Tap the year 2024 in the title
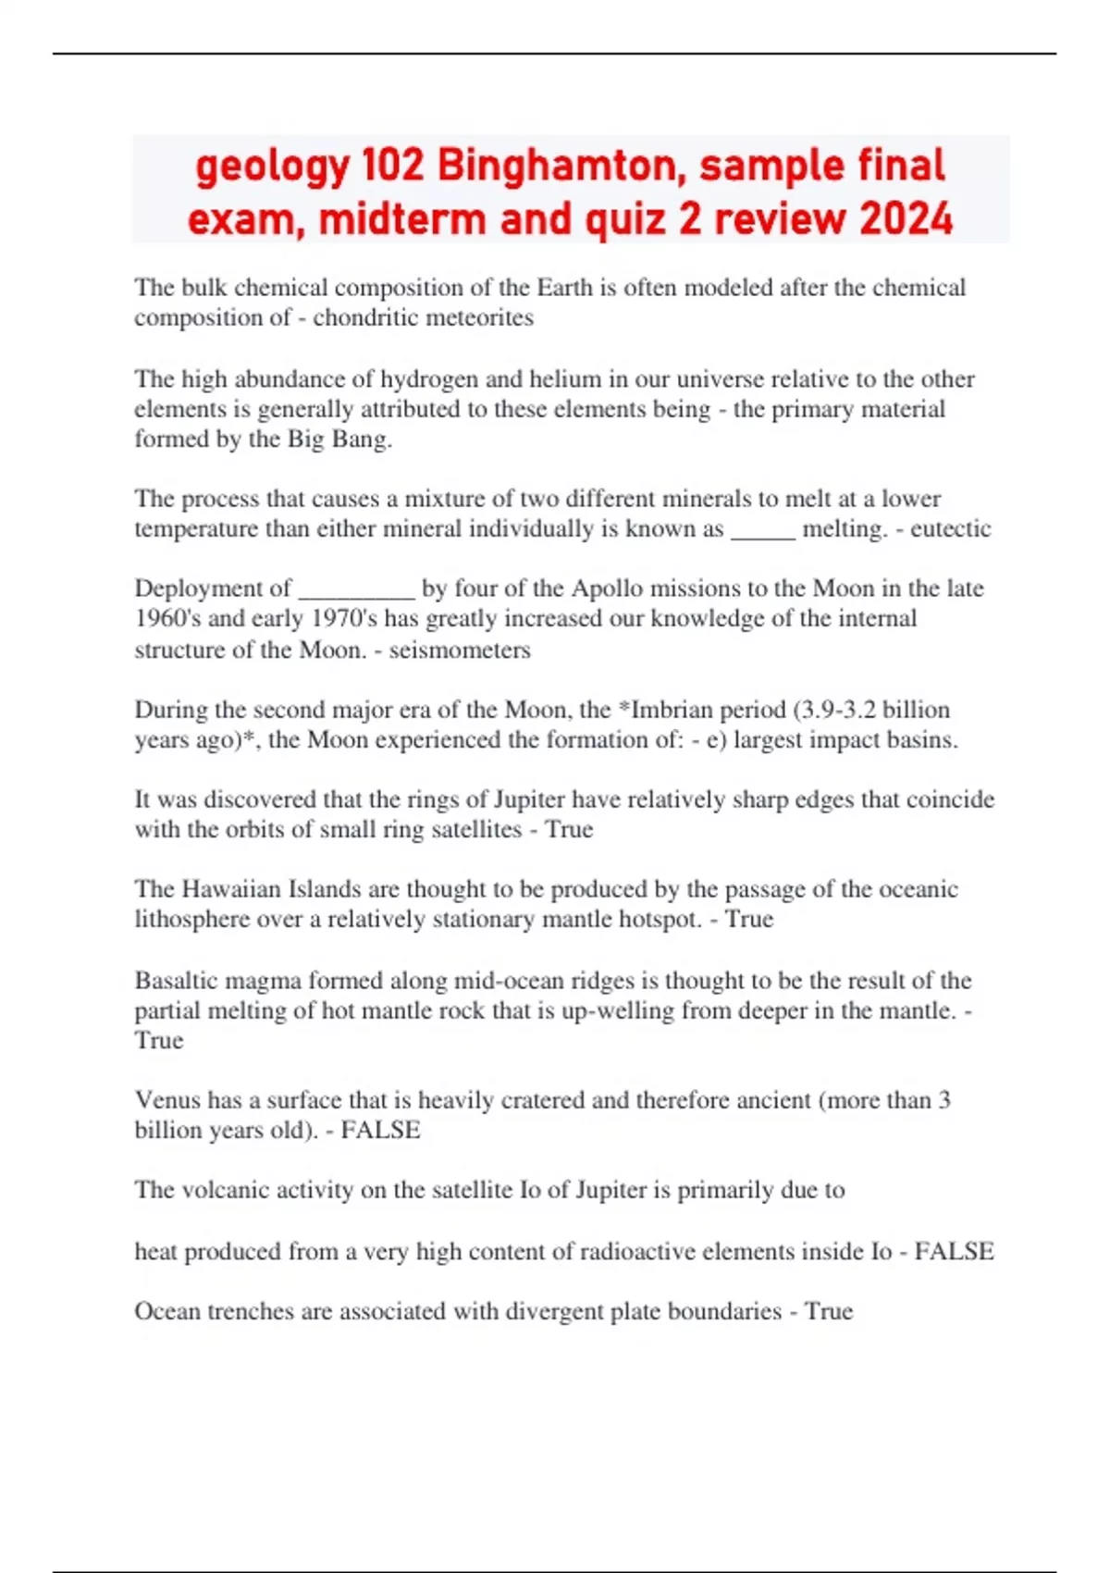(x=906, y=219)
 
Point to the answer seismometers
(x=460, y=650)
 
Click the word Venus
(x=166, y=1100)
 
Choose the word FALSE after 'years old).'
(x=380, y=1130)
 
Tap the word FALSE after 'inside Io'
(x=954, y=1251)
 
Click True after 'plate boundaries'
(x=829, y=1311)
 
